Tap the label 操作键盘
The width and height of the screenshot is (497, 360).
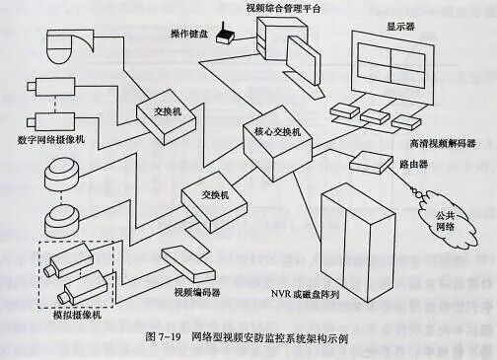(188, 34)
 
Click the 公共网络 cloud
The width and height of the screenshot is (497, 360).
(449, 221)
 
